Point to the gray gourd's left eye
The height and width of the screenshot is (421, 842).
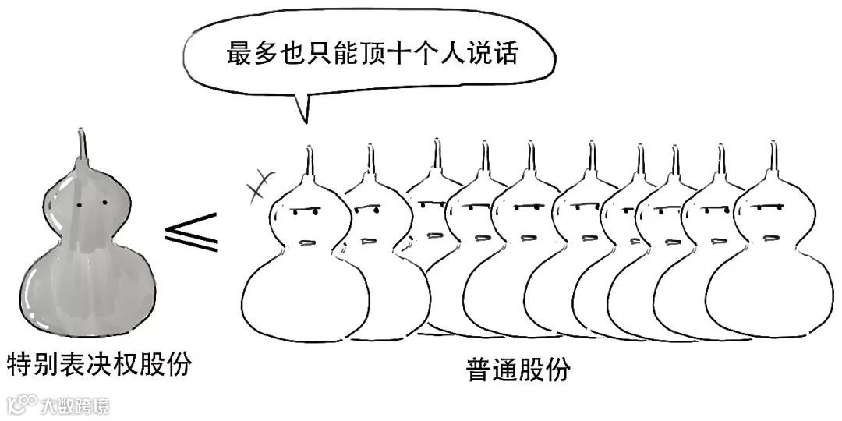click(x=80, y=205)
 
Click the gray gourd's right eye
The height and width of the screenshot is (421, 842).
click(x=104, y=204)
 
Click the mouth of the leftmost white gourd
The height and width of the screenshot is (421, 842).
click(x=310, y=242)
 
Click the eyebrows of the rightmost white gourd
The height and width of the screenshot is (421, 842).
click(x=770, y=208)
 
